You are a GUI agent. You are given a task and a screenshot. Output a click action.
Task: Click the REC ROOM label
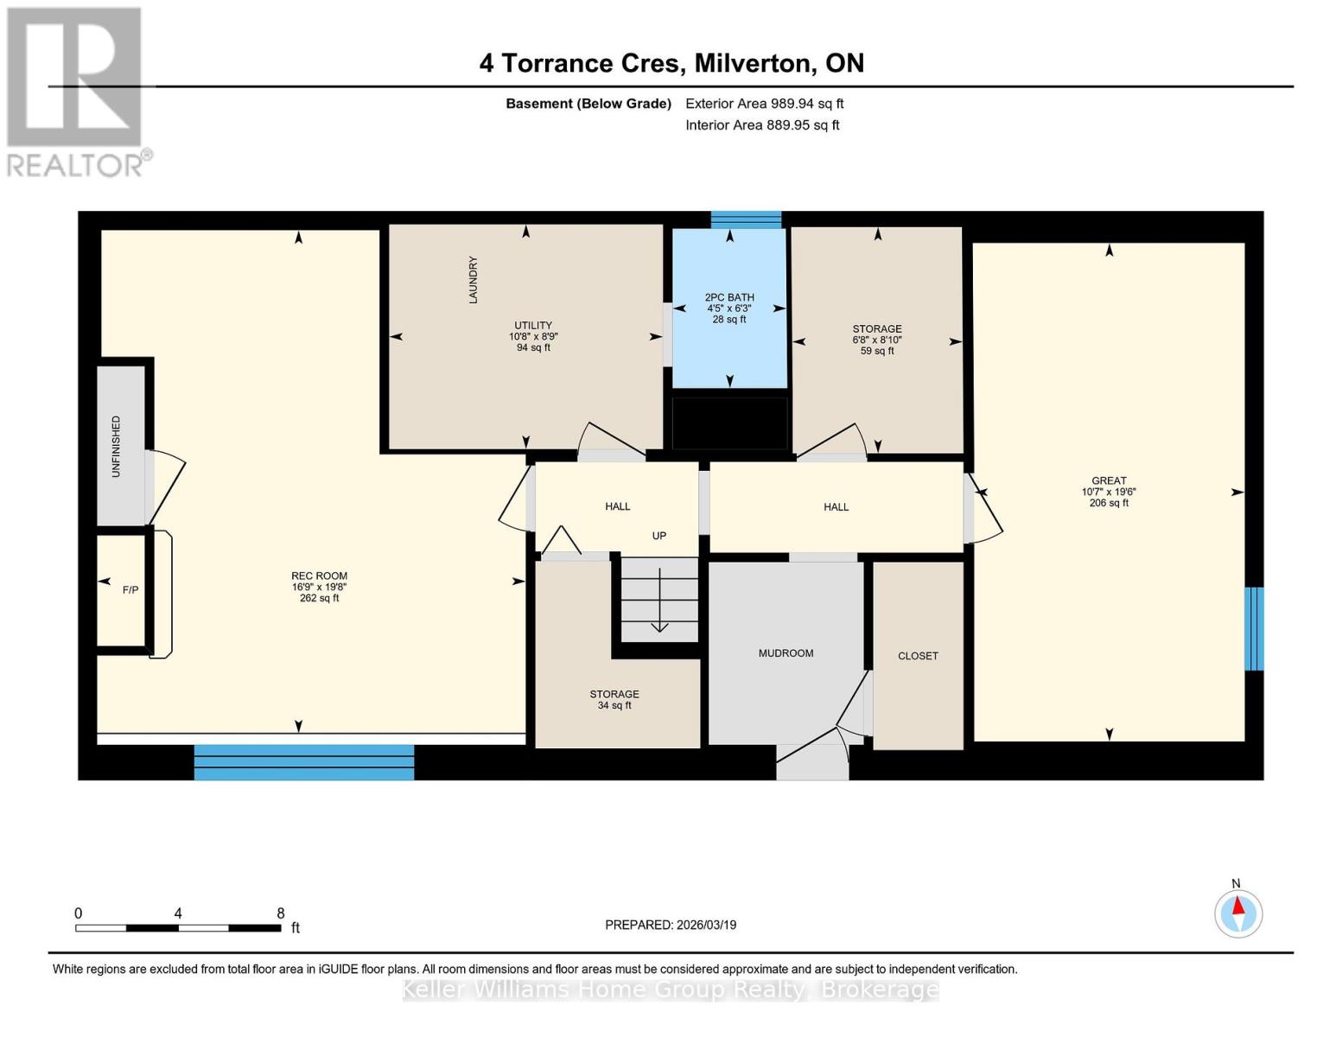tap(319, 576)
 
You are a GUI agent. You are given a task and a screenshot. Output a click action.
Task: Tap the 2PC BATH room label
tap(729, 297)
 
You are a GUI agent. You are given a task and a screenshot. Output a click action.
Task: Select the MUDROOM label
tap(785, 652)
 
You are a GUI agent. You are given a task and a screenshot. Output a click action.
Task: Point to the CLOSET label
tap(918, 656)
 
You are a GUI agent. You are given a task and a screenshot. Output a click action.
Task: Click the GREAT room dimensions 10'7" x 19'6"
tap(1109, 492)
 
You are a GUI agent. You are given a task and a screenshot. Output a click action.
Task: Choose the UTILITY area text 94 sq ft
tap(533, 347)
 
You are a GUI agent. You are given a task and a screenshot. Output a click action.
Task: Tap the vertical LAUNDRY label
tap(473, 280)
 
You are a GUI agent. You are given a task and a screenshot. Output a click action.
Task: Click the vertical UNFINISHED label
tap(116, 447)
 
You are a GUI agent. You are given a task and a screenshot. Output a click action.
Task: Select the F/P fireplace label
tap(130, 590)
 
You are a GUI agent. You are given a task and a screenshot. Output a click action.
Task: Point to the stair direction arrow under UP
tap(659, 600)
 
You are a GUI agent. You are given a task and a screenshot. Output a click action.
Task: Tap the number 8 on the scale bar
tap(280, 913)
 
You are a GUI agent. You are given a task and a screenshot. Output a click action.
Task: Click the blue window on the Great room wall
tap(1254, 629)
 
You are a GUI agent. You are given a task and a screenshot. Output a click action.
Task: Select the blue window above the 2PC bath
tap(746, 220)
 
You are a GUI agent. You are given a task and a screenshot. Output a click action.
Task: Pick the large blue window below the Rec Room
tap(304, 762)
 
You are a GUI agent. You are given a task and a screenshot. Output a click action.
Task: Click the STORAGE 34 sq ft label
tap(614, 700)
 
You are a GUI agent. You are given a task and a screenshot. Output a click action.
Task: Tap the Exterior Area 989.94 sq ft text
tap(764, 104)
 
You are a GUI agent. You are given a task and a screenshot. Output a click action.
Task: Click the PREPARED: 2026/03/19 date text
tap(671, 925)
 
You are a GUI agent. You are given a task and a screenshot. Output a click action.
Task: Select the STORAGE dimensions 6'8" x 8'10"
tap(877, 340)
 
